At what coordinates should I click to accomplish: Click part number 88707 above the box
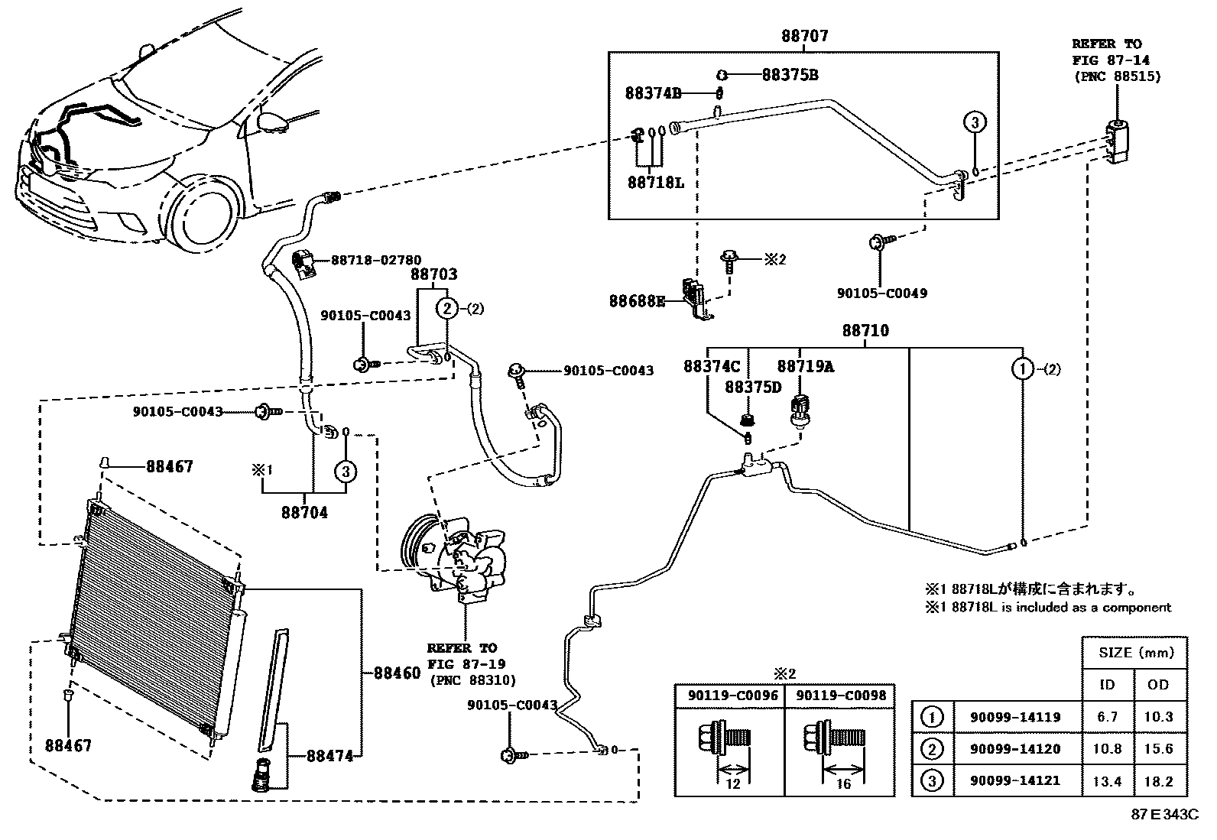click(804, 37)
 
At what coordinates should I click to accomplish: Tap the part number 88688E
click(637, 301)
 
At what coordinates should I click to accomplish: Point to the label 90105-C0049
click(881, 294)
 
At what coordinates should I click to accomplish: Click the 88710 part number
click(865, 331)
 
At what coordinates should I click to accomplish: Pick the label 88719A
click(805, 367)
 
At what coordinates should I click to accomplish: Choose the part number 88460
click(397, 673)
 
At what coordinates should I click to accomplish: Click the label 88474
click(330, 756)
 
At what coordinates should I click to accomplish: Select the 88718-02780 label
click(375, 261)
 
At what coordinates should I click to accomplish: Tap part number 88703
click(433, 274)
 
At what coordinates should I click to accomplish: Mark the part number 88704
click(304, 513)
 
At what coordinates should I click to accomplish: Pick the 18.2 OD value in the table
click(1158, 781)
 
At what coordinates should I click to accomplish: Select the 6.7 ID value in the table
click(1107, 717)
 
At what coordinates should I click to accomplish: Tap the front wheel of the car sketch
click(201, 219)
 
